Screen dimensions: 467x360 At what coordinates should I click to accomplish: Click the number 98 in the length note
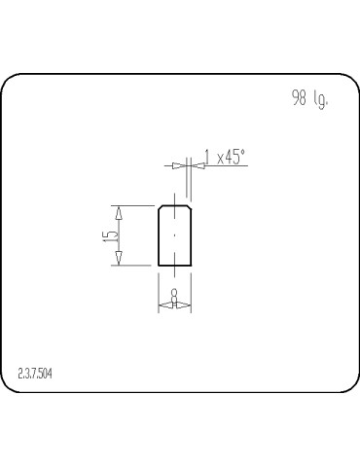click(299, 99)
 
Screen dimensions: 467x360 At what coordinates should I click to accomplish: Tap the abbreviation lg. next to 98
click(320, 100)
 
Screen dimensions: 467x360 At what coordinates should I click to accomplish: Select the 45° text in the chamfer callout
click(234, 157)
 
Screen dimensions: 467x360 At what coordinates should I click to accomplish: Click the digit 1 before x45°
click(207, 157)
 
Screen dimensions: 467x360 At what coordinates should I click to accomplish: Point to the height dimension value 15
click(114, 234)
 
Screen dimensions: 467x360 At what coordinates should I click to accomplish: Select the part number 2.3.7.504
click(35, 373)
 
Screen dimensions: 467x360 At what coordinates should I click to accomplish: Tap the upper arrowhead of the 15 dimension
click(118, 211)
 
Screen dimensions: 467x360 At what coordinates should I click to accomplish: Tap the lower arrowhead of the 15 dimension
click(118, 258)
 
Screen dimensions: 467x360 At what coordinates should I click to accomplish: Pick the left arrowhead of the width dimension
click(162, 305)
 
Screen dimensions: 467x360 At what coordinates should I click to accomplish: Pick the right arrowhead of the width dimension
click(185, 305)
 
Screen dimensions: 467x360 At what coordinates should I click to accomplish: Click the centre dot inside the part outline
click(174, 235)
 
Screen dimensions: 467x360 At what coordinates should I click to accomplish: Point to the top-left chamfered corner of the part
click(161, 207)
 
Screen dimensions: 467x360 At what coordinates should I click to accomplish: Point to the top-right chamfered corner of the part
click(188, 207)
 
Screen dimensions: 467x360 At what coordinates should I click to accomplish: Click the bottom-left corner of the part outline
click(159, 265)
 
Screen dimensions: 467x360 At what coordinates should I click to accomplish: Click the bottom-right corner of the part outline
click(190, 265)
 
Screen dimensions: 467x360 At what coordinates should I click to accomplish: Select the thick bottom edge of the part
click(174, 265)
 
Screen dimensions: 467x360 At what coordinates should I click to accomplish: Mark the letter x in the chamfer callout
click(218, 159)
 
